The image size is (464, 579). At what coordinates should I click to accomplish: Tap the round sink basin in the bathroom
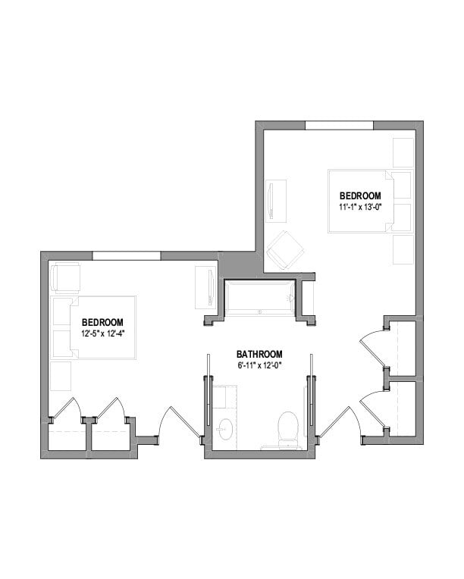pyautogui.click(x=224, y=430)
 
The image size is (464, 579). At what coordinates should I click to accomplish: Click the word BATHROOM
pyautogui.click(x=259, y=354)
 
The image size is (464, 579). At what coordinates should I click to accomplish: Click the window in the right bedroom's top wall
pyautogui.click(x=339, y=125)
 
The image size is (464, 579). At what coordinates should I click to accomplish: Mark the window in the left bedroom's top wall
pyautogui.click(x=126, y=256)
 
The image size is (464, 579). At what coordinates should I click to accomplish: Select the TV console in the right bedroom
pyautogui.click(x=275, y=201)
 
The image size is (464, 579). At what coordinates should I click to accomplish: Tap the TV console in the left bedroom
pyautogui.click(x=205, y=287)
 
